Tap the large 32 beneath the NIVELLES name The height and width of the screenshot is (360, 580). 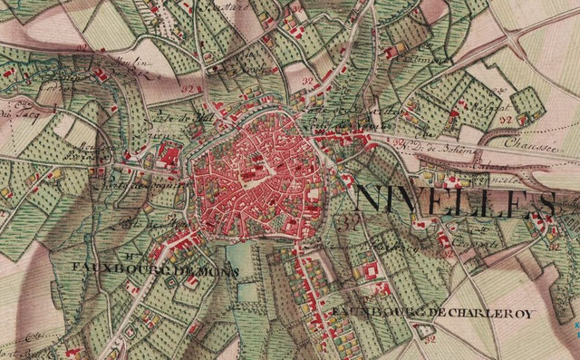[x=346, y=220]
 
